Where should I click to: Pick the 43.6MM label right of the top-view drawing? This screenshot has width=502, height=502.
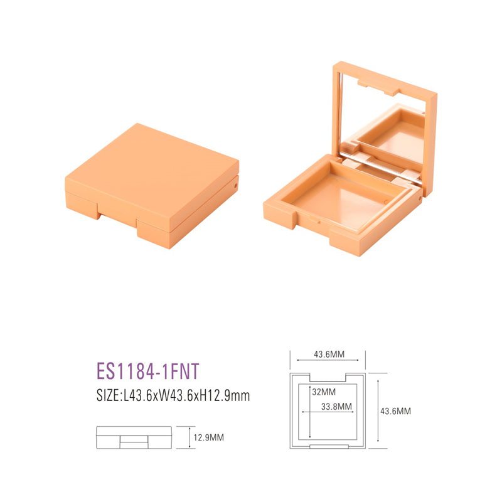pos(395,411)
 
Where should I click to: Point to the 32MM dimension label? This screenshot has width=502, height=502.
pos(321,391)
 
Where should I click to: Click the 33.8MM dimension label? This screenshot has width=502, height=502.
pos(336,406)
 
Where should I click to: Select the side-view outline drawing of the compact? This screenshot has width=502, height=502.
pos(134,437)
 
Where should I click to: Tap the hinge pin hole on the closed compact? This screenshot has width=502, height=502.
pos(236,186)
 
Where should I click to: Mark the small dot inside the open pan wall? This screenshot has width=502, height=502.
pos(319,221)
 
